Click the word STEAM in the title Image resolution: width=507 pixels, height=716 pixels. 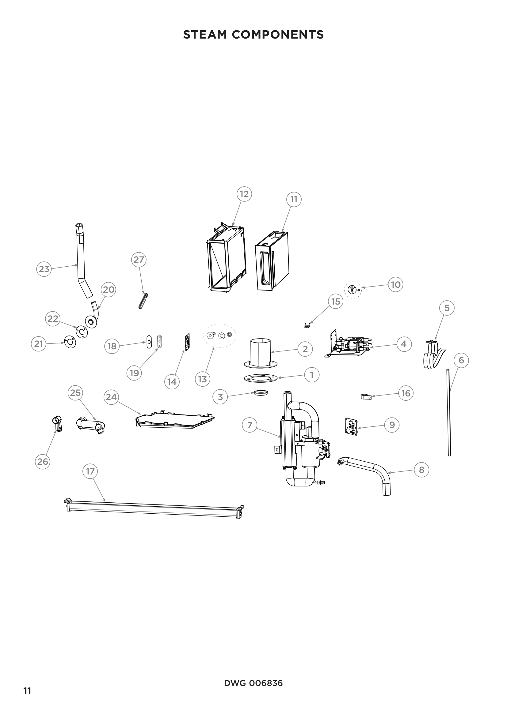pos(204,35)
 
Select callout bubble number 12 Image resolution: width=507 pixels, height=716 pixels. pos(244,194)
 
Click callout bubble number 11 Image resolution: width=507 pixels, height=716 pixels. pos(294,199)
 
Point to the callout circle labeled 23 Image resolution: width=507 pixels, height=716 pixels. pos(44,269)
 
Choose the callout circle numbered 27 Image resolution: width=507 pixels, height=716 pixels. pos(139,260)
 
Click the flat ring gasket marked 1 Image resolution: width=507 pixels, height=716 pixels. pos(261,378)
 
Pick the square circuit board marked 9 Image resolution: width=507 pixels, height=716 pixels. pos(351,427)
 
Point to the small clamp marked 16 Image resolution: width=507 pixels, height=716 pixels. pos(365,397)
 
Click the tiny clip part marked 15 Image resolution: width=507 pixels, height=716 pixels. pos(307,325)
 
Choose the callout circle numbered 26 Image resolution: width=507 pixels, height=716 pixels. pos(43,461)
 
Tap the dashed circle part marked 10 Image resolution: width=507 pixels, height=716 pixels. pos(353,290)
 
